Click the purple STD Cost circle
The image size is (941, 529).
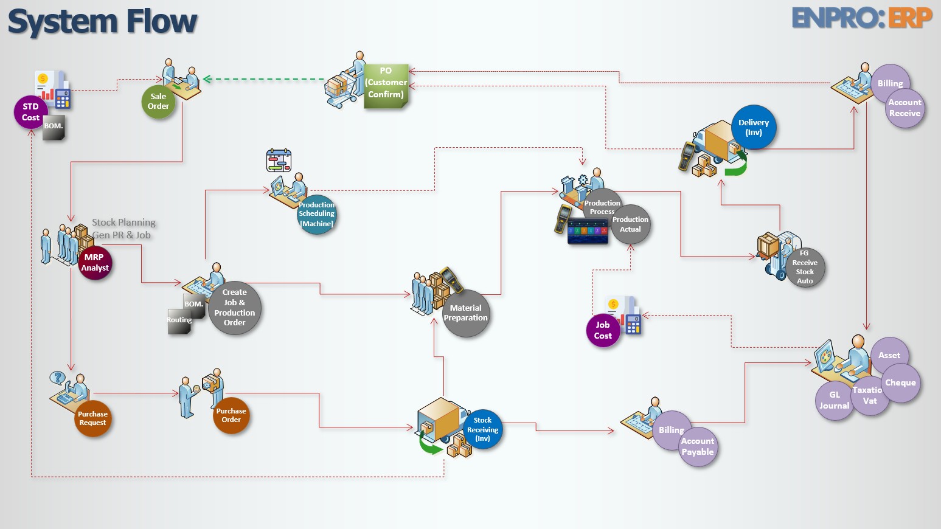pos(30,112)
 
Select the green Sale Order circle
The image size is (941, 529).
pos(158,102)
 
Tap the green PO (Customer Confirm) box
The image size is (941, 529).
pos(386,86)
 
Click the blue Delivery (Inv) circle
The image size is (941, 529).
pos(754,127)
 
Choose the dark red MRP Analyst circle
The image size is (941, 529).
pos(95,263)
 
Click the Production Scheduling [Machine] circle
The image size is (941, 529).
pos(316,215)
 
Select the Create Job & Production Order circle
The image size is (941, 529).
pos(235,308)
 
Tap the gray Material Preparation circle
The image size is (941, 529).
pos(466,313)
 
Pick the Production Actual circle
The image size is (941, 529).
pos(631,224)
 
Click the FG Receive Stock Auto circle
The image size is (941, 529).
pos(805,267)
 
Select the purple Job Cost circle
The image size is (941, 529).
pos(603,330)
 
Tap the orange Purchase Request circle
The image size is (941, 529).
pos(92,418)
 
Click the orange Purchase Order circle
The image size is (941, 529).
pos(231,415)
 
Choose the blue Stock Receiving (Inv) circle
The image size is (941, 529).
pos(483,429)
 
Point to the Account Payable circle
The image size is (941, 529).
pos(698,447)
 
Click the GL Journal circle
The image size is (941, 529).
pos(834,401)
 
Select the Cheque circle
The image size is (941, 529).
pos(901,383)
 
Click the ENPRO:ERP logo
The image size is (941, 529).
pos(862,18)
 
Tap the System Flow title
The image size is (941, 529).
pos(102,22)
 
